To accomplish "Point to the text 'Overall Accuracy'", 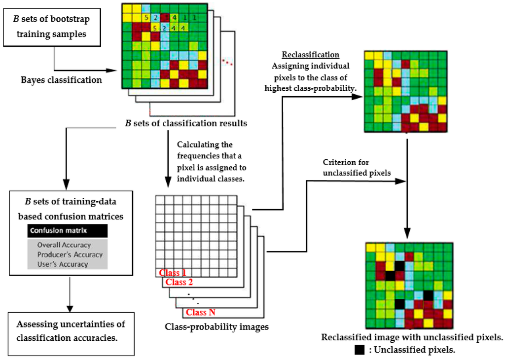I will (64, 245).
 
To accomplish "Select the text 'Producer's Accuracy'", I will (70, 254).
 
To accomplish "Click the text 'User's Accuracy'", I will (62, 264).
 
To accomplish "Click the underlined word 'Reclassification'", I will (304, 55).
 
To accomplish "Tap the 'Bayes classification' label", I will (62, 79).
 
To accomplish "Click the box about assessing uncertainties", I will (72, 331).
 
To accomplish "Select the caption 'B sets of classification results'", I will (186, 123).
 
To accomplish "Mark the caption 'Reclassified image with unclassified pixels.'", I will (412, 338).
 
